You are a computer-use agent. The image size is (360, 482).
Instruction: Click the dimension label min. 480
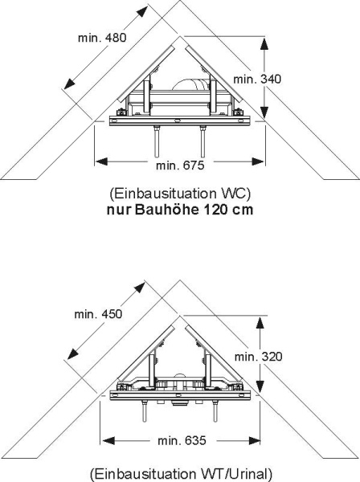[x=102, y=38]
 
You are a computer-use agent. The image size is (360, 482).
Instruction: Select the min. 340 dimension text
[x=257, y=79]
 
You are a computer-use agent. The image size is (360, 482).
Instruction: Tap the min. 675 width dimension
[x=180, y=165]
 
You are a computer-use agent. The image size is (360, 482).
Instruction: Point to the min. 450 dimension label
[x=98, y=314]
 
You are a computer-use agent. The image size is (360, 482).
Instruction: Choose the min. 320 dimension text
[x=258, y=357]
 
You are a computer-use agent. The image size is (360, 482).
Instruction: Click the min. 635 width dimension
[x=182, y=441]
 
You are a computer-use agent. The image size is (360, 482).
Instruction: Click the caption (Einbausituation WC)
[x=180, y=194]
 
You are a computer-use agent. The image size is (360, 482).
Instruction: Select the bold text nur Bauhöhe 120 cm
[x=180, y=210]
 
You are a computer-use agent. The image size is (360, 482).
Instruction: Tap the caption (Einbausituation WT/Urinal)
[x=182, y=474]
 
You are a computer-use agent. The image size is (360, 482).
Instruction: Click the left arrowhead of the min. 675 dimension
[x=100, y=161]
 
